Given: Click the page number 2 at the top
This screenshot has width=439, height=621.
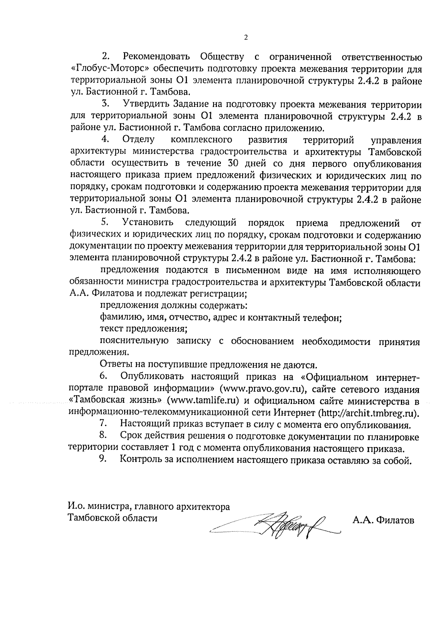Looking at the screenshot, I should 245,37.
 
